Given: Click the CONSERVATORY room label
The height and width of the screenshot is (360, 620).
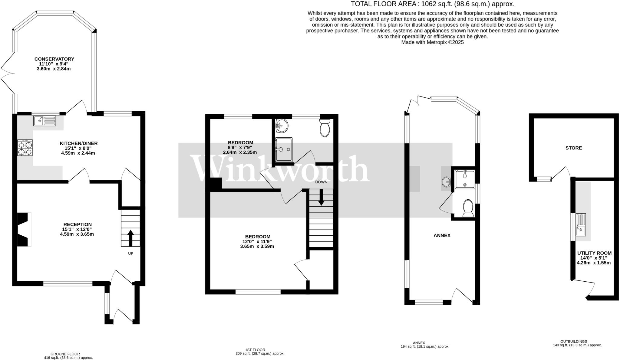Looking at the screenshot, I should [x=54, y=59].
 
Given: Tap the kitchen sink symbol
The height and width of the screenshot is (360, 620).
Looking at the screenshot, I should [x=45, y=121].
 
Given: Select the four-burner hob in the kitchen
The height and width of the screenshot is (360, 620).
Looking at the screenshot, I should [x=25, y=148].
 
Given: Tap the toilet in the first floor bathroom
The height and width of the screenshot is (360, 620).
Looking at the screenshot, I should [x=325, y=128].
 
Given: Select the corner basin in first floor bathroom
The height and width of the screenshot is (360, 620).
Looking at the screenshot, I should [x=281, y=126].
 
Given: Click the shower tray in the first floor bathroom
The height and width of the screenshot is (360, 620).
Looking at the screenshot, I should [x=284, y=149].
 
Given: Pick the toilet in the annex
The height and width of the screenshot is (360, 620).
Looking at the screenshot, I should [x=468, y=208].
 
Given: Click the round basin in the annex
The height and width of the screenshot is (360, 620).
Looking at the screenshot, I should [x=446, y=182].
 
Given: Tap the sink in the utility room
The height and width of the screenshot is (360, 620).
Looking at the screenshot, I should [x=581, y=225].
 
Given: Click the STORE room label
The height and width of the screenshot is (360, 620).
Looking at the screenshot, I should [x=574, y=148].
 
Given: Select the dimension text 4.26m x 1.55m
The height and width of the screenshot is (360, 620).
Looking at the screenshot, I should [x=594, y=263].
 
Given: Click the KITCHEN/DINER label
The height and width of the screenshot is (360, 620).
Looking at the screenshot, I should [x=79, y=143].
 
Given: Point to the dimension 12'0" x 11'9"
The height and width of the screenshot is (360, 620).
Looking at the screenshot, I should [x=258, y=241].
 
